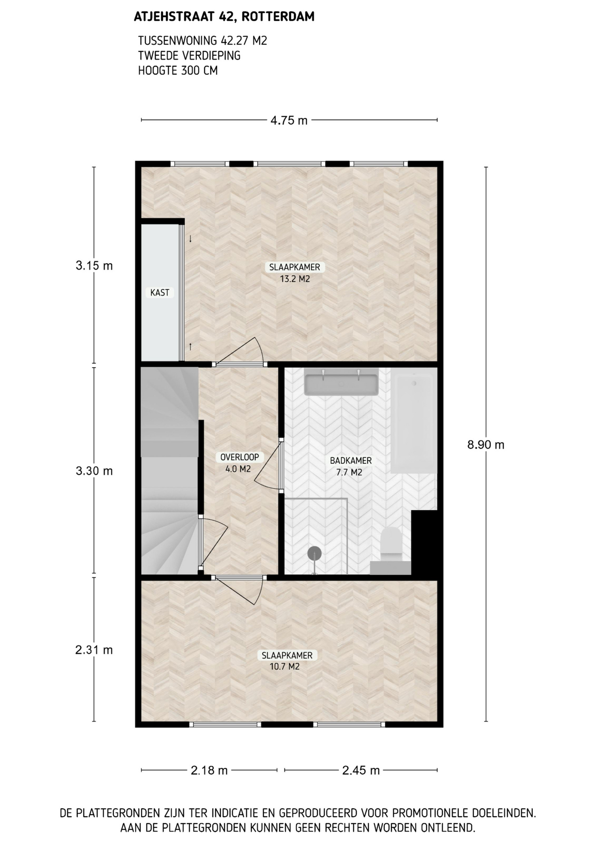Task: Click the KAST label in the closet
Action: click(x=160, y=293)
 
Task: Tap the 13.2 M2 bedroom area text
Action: click(x=295, y=279)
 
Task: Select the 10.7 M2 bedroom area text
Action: click(x=284, y=666)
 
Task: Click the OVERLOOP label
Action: click(x=240, y=457)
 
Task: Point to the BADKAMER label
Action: click(x=351, y=461)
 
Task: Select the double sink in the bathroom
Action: click(x=341, y=383)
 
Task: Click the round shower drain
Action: click(x=315, y=553)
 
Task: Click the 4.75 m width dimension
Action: click(x=289, y=120)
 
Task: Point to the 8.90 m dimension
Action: click(x=486, y=445)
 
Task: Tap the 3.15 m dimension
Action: click(x=94, y=266)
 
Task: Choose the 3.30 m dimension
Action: click(x=94, y=471)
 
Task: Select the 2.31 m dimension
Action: click(x=94, y=650)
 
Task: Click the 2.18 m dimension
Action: click(x=209, y=770)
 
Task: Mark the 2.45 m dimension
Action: click(x=361, y=770)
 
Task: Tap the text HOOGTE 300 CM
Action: click(x=178, y=70)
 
